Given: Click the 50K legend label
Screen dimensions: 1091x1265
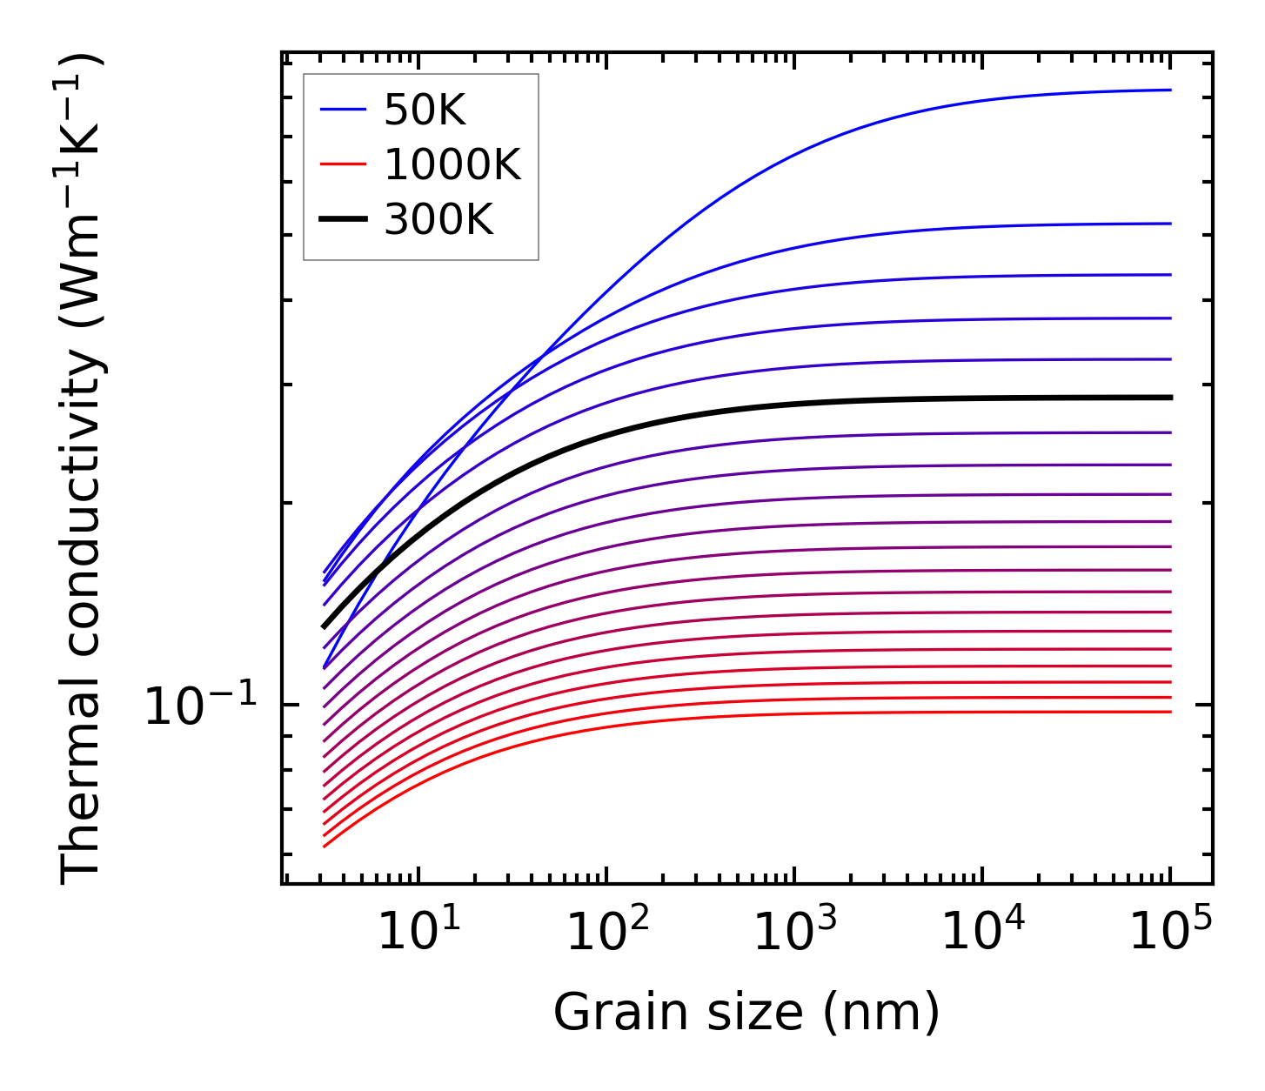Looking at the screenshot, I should (425, 110).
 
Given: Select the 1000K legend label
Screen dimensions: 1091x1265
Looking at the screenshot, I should (452, 165).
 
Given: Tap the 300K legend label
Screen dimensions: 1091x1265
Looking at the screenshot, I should (438, 220).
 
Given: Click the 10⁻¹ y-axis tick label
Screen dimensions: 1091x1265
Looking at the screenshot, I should (200, 706).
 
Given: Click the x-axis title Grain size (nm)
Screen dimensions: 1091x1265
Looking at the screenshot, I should (746, 1013).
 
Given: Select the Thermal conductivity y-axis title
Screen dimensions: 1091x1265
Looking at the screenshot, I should (82, 470).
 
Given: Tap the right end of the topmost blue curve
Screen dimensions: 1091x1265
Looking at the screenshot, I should (1169, 90).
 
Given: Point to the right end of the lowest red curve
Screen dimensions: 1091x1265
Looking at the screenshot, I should (1169, 712).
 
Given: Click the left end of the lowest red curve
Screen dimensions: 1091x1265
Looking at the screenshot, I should (324, 846).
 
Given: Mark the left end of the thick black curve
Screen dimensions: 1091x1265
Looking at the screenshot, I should (324, 626).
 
